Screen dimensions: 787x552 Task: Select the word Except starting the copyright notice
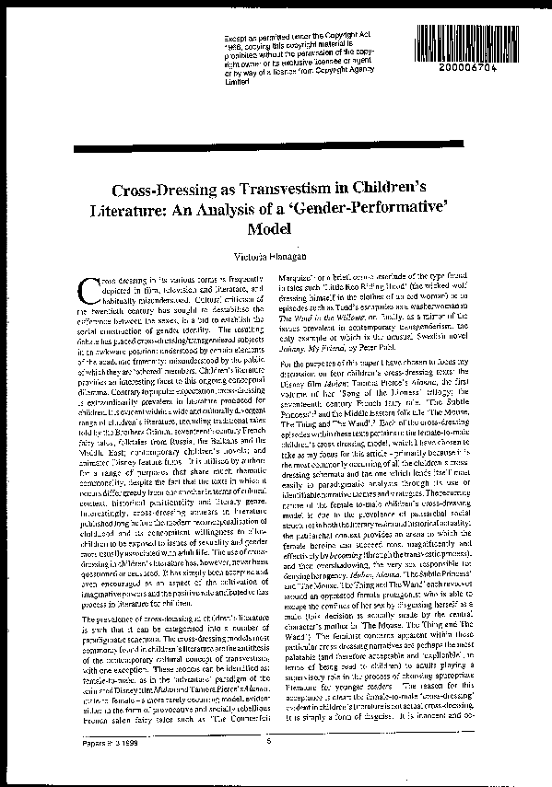[x=235, y=38]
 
